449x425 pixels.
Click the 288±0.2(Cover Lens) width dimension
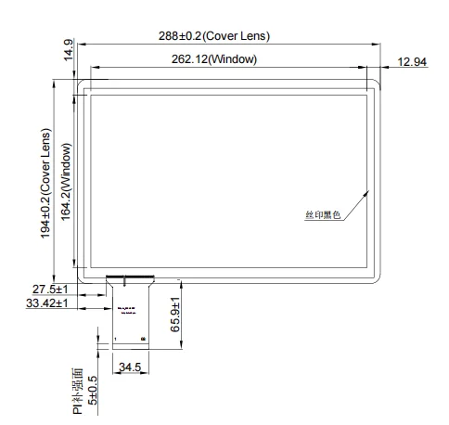pos(227,36)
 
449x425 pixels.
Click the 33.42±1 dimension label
pos(46,303)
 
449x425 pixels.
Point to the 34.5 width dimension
pos(129,367)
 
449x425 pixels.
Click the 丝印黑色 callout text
pos(322,214)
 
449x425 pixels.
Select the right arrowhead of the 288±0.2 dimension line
pos(382,44)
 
